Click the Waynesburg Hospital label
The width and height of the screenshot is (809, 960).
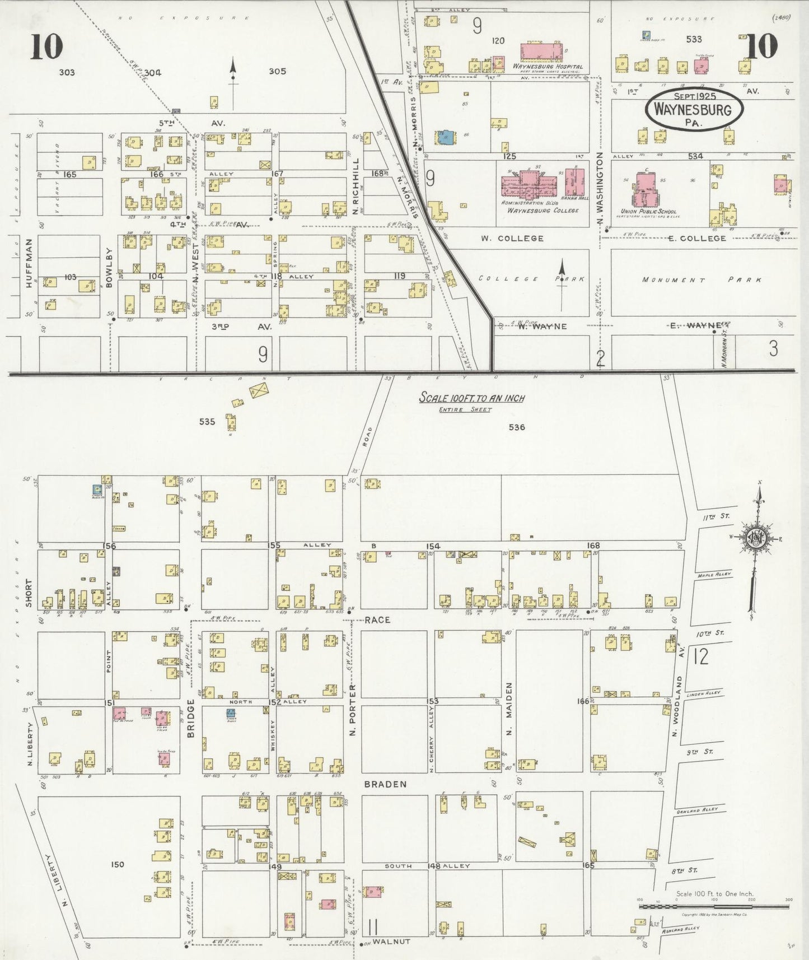tap(548, 66)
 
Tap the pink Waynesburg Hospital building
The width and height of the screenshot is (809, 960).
tap(543, 52)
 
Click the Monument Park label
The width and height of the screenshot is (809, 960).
tap(701, 279)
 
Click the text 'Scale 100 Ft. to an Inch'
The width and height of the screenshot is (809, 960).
tap(472, 398)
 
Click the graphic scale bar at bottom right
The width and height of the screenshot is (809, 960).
tap(713, 905)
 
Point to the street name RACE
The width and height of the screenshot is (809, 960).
tap(377, 620)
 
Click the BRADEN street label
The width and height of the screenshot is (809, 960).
tap(385, 784)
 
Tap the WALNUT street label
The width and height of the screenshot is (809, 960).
tap(391, 942)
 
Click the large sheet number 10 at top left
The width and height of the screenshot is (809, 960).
tap(46, 46)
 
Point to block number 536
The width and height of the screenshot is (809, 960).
tap(517, 427)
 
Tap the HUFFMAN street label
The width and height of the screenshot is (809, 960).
tap(29, 271)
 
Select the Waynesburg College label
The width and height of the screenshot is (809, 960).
tap(543, 210)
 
